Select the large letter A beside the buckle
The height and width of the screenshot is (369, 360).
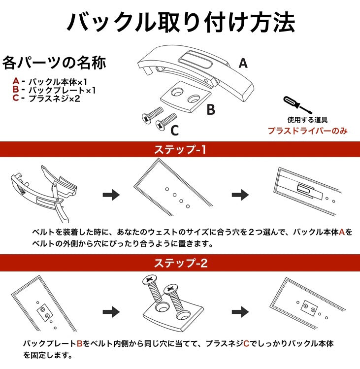(243, 63)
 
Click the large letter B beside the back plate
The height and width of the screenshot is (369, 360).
(211, 109)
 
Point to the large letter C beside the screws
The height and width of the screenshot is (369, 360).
(175, 131)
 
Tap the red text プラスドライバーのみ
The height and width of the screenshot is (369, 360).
(307, 131)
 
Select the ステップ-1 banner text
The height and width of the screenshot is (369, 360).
(180, 149)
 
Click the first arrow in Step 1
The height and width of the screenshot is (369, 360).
(111, 195)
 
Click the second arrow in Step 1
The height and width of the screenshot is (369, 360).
(240, 195)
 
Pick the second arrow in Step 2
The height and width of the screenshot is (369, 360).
(240, 312)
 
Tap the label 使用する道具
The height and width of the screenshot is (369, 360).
(307, 120)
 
